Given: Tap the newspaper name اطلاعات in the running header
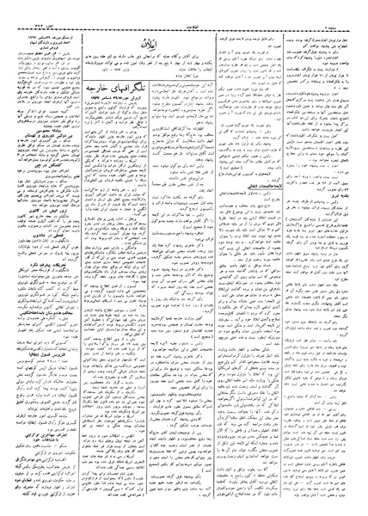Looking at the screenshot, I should point(183,9).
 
